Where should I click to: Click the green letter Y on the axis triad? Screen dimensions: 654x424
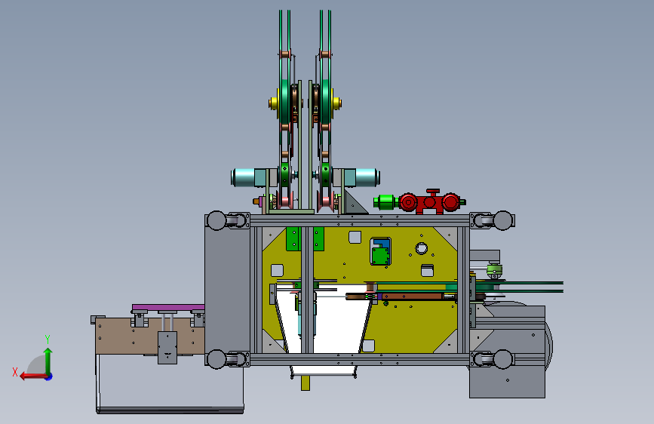(x=48, y=340)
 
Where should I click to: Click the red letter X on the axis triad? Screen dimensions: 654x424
(x=15, y=372)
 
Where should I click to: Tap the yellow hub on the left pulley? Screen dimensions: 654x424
(x=274, y=103)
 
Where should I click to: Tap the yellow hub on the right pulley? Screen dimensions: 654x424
(x=336, y=103)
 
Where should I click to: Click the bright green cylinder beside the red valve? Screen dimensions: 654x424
(x=385, y=202)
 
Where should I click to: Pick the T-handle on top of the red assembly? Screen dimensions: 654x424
(x=433, y=192)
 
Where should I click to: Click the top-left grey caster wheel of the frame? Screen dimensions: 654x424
(x=216, y=220)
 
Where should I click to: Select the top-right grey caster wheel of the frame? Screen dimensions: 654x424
(x=502, y=220)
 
